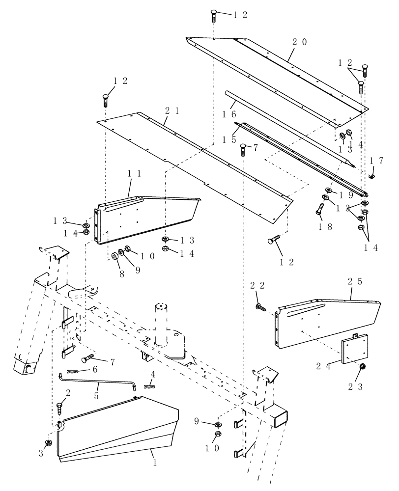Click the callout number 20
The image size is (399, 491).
click(299, 42)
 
